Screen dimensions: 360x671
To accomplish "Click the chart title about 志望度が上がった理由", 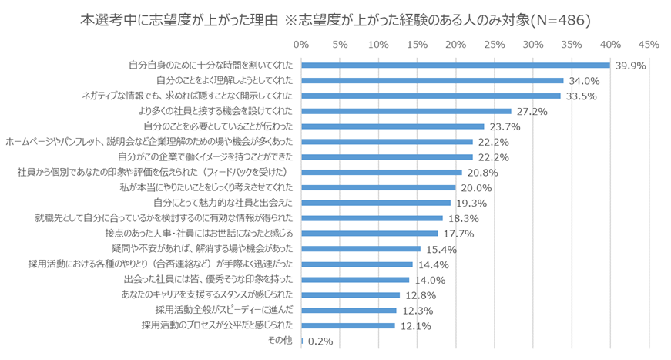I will tap(335, 20).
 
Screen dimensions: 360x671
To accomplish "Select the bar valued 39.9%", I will tap(455, 66).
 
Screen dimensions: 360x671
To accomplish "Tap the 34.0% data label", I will tap(585, 81).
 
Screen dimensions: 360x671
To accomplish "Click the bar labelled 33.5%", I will tap(431, 96).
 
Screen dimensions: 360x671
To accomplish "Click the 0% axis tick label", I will tap(301, 45).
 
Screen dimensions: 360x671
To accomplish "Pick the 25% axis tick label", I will tap(494, 45).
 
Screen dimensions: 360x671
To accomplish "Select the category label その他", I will tap(280, 340).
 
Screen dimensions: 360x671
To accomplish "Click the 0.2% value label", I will tap(320, 341).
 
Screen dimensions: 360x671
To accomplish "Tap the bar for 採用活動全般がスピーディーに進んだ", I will tap(348, 310).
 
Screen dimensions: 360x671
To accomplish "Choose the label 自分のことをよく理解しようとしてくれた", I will tap(224, 81).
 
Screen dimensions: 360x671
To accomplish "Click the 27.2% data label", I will tap(532, 112).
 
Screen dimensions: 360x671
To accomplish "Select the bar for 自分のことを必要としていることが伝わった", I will tap(392, 126).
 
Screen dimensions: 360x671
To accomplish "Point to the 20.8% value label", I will tap(483, 173).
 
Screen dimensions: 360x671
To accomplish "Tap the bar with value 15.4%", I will tap(361, 249).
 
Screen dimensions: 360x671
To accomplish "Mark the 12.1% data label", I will tap(416, 325).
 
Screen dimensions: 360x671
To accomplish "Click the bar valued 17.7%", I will tap(369, 234).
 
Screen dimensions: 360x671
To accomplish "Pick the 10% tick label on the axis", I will tap(378, 45).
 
